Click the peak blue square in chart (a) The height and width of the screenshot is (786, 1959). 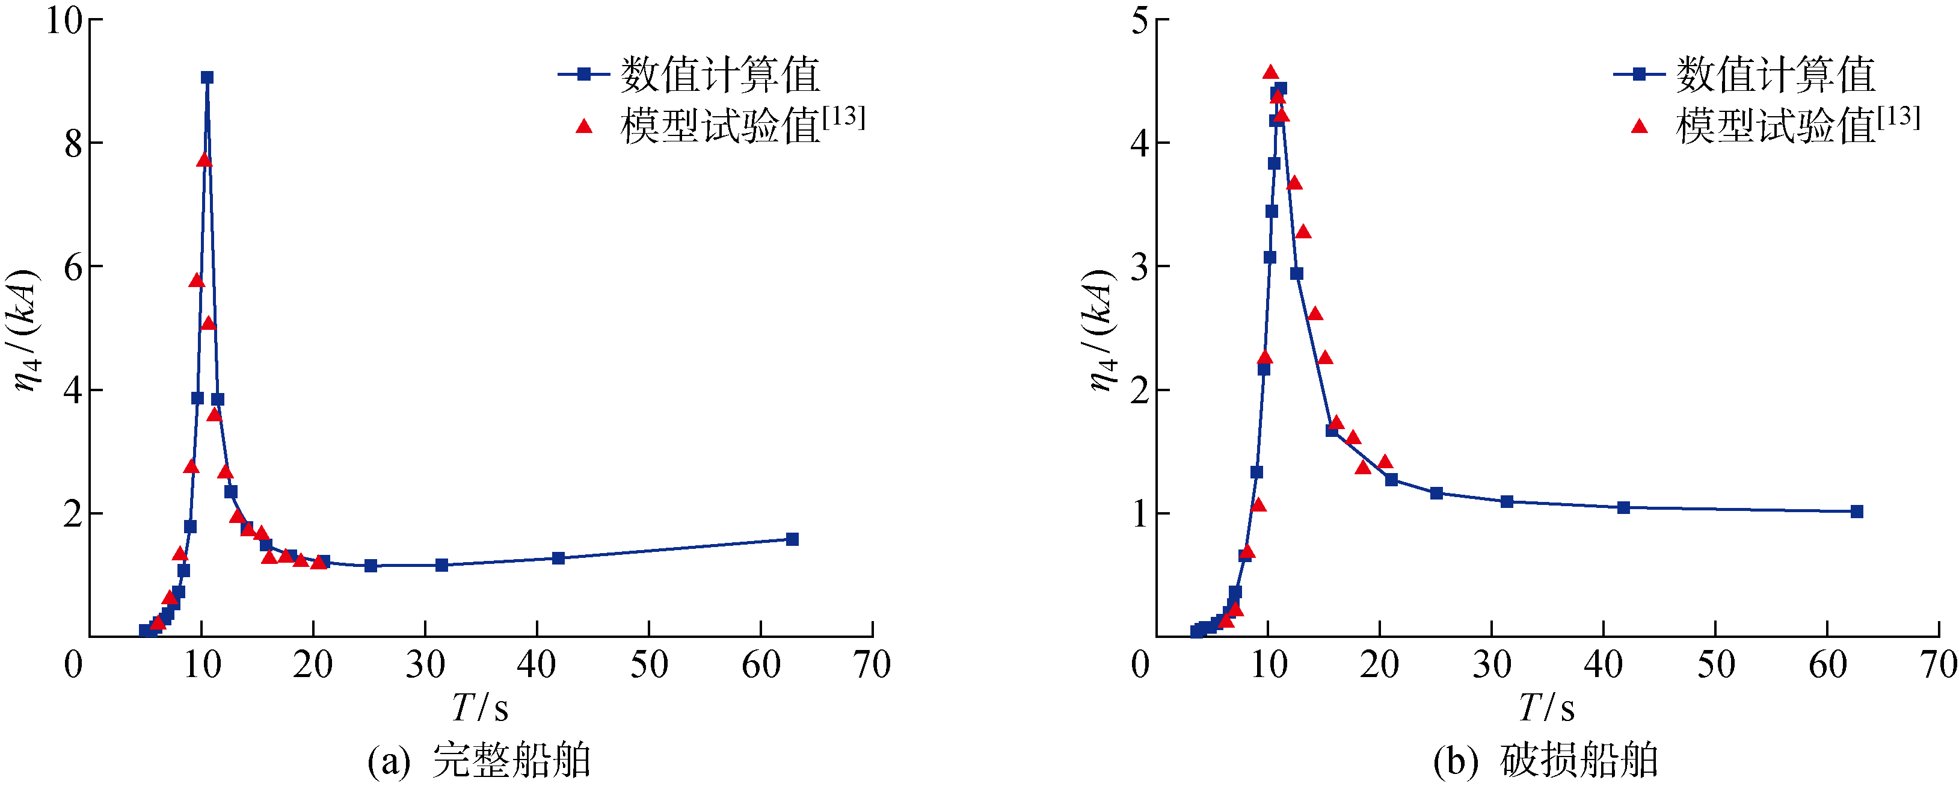tap(207, 78)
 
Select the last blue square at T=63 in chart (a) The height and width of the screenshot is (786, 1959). tap(792, 539)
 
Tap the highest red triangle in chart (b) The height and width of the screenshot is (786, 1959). tap(1270, 73)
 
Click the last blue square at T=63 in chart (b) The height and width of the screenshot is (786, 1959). tap(1856, 512)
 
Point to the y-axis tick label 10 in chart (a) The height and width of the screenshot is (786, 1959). tap(64, 20)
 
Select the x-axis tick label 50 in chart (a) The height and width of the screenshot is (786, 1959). tap(649, 665)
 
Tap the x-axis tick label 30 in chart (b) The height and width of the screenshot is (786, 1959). tap(1491, 665)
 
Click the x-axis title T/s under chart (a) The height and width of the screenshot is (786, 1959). tap(480, 708)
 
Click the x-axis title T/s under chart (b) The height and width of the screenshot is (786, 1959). tap(1546, 708)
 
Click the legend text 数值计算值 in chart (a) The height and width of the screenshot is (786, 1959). tap(719, 75)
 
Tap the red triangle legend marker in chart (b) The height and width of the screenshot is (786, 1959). tap(1640, 126)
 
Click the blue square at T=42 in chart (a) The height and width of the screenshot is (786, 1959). tap(558, 558)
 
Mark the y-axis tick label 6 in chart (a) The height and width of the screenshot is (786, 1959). tap(73, 267)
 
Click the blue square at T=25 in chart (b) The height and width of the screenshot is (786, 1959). tap(1436, 493)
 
